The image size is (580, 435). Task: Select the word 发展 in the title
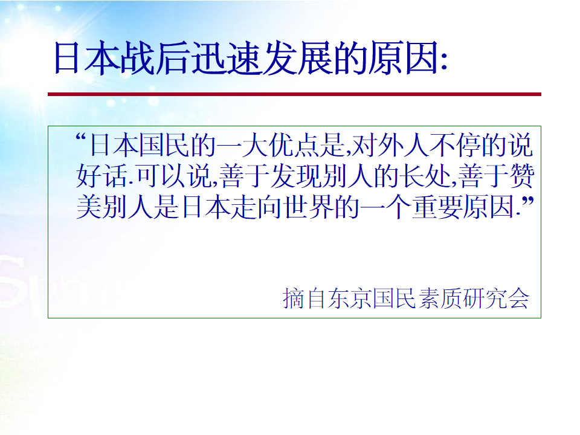281,59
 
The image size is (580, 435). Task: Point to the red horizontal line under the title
294,94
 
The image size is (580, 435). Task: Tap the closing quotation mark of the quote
528,202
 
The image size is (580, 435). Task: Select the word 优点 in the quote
294,146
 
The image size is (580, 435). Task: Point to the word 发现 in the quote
296,176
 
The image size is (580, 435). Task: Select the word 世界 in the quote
308,207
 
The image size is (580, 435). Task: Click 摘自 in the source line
304,298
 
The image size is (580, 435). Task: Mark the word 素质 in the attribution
440,298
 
